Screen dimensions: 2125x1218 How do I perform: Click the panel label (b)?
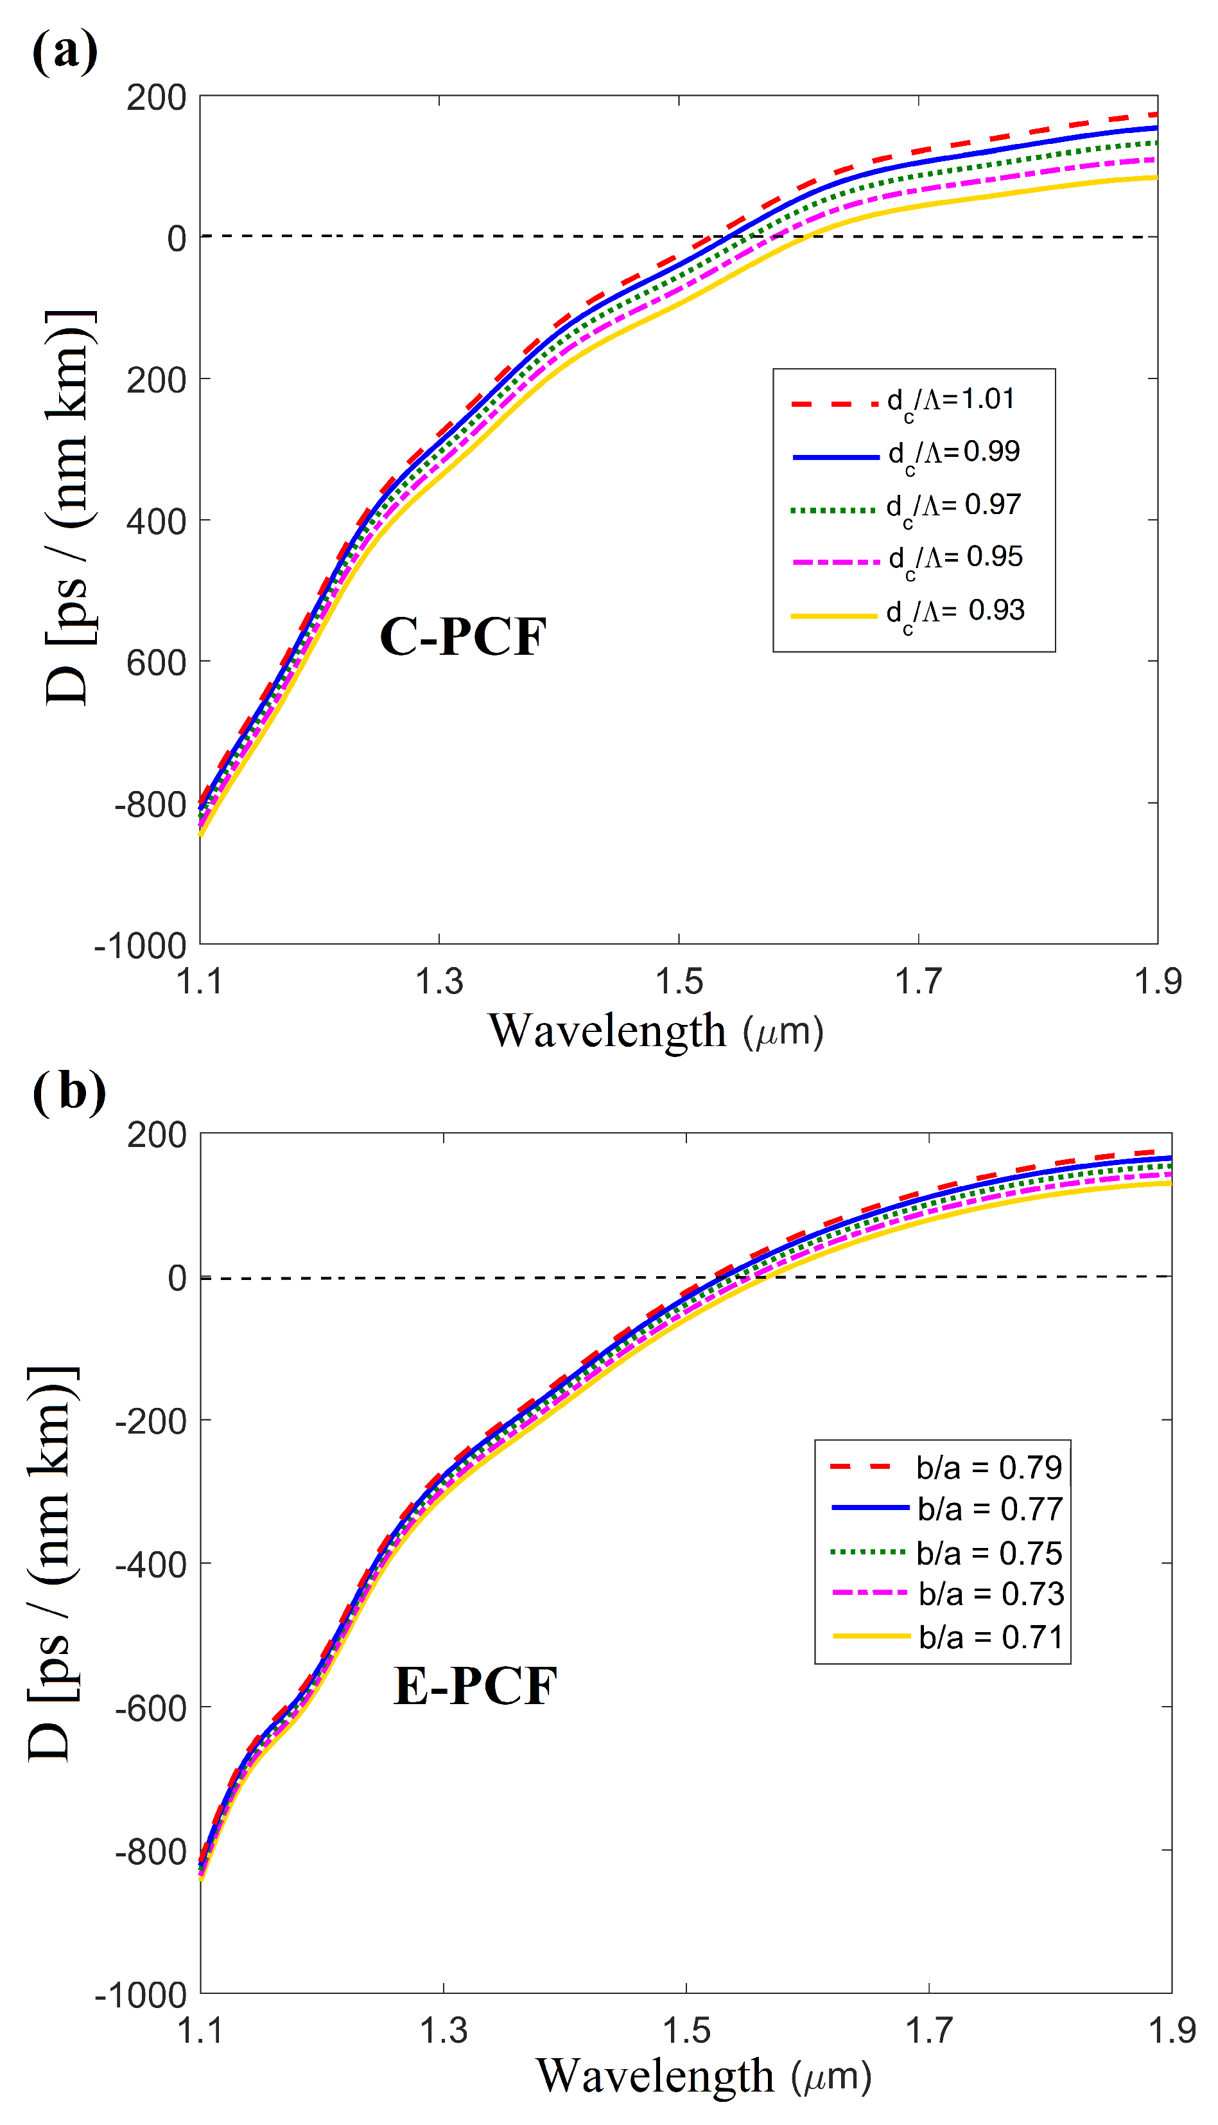(69, 1092)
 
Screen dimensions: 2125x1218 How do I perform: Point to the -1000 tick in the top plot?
(141, 947)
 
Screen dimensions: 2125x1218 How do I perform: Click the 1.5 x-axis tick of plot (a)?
(679, 982)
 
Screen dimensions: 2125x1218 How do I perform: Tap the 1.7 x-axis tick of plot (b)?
(928, 2031)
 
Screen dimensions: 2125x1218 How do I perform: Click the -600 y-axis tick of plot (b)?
(151, 1710)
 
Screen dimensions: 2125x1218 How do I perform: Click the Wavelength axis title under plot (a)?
(656, 1031)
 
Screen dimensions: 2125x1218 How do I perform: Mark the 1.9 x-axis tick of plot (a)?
(1158, 982)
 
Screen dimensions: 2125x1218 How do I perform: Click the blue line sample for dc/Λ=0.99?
(836, 457)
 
